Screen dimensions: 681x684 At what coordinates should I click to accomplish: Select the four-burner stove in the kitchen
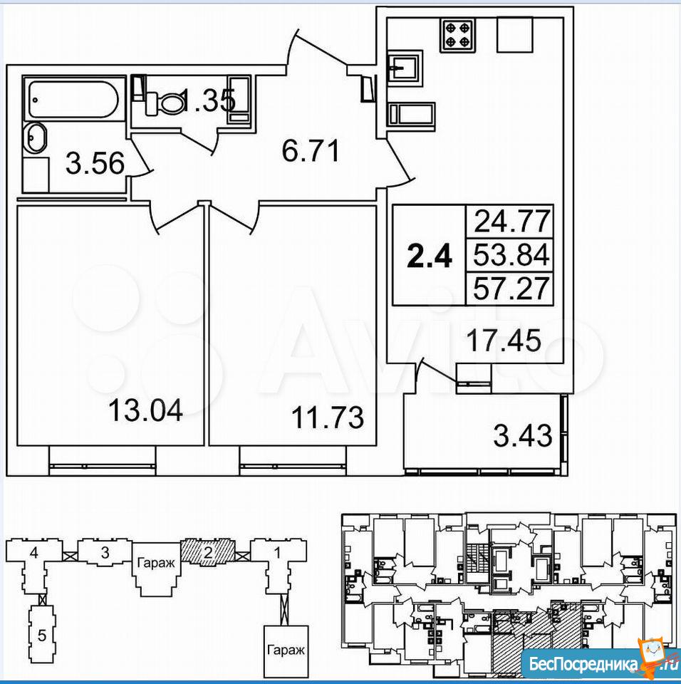point(457,34)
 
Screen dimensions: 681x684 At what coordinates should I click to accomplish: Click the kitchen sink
point(405,68)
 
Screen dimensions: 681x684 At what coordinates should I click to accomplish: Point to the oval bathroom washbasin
point(34,138)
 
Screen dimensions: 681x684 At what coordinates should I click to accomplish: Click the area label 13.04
point(145,410)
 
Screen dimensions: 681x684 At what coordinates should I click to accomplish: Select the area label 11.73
point(327,417)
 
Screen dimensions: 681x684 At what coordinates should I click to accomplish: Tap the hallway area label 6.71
point(310,151)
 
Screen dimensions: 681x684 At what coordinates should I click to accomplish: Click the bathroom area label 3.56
point(95,163)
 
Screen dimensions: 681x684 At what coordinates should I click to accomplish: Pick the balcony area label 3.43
point(523,435)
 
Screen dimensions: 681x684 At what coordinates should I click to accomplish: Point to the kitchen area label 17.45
point(504,340)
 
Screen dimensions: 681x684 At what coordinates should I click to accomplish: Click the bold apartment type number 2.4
point(430,256)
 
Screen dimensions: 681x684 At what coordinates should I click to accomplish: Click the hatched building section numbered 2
point(208,551)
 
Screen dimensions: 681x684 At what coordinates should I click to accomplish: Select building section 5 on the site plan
point(41,635)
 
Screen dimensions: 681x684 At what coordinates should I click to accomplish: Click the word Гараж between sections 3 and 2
point(156,563)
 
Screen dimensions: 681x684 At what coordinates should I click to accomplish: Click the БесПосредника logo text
point(583,665)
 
